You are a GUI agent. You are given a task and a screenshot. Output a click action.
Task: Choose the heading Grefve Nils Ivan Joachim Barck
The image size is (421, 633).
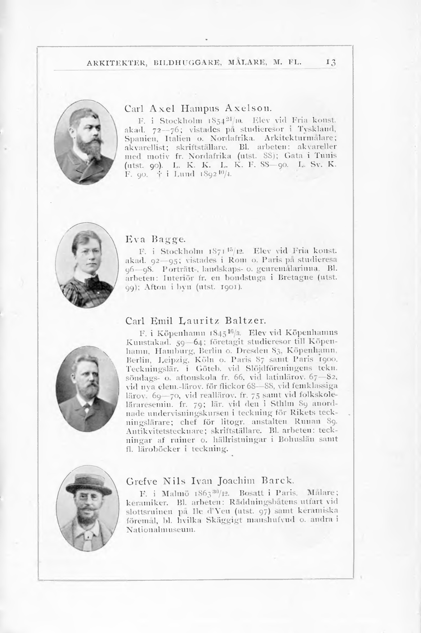coord(209,481)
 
